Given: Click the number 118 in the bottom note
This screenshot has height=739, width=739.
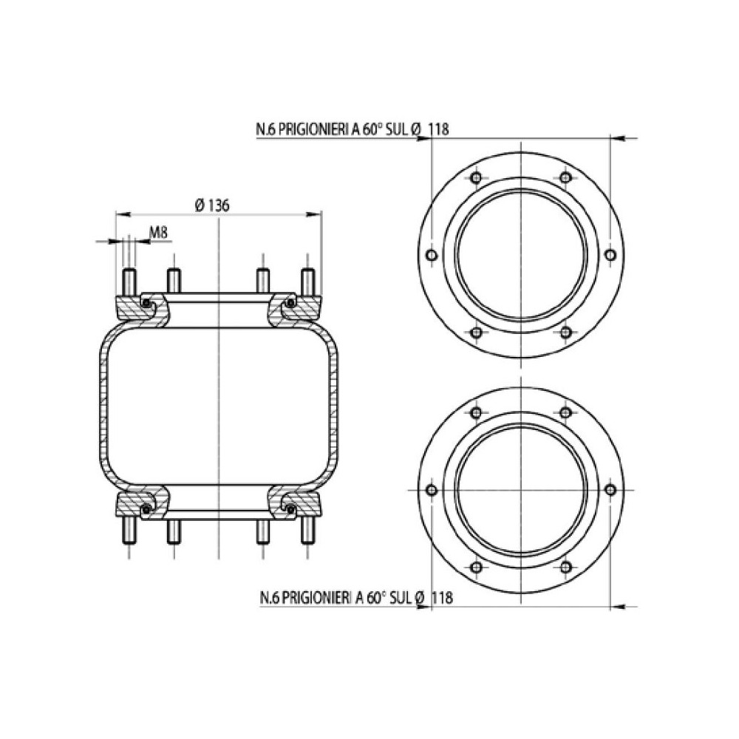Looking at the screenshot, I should pos(441,597).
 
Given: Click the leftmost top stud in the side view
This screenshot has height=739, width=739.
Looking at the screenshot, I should pos(129,282).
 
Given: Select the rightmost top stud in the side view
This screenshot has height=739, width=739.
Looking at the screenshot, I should pos(307,282).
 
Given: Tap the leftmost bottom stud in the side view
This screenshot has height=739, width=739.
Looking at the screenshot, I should pos(129,529).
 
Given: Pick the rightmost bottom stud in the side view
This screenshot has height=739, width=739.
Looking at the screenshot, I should pos(307,529).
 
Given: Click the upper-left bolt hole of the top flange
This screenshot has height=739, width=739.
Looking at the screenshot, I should pos(476,178).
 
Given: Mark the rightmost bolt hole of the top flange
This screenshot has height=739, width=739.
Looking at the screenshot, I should pos(610,255).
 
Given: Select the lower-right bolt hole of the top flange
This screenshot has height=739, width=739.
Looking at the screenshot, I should pos(565,332).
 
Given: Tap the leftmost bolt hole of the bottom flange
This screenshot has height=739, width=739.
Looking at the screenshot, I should pos(432,490).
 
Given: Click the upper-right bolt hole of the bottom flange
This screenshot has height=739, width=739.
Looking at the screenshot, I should pos(565,412).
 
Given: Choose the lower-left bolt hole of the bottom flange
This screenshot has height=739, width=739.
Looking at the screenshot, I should pos(476,567).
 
